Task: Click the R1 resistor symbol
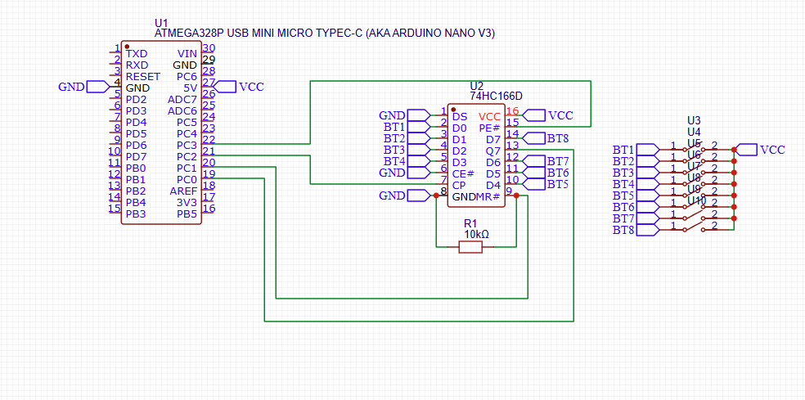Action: (x=470, y=246)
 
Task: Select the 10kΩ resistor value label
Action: (x=476, y=235)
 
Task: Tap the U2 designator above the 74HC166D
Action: (x=477, y=86)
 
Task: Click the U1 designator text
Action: (x=161, y=22)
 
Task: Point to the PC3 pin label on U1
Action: (x=187, y=145)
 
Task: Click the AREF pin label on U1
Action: (x=183, y=191)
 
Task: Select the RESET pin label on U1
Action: (x=143, y=76)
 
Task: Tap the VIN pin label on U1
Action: (x=187, y=53)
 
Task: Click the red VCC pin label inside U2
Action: (x=489, y=116)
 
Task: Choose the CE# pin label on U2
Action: (x=463, y=173)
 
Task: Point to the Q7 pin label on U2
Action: (x=493, y=151)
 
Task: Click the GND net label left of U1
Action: (x=71, y=87)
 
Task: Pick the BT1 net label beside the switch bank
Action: (x=623, y=150)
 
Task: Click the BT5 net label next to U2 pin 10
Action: (x=558, y=185)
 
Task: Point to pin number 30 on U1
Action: (x=209, y=48)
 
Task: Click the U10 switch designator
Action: (x=697, y=200)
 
